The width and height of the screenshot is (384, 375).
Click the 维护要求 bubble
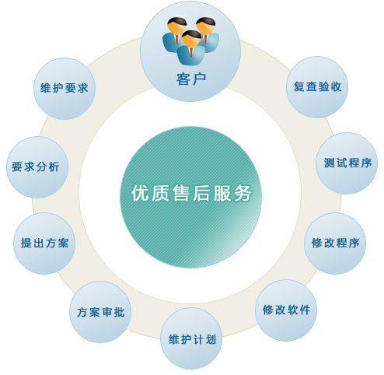click(65, 89)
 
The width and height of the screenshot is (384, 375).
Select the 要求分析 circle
click(37, 167)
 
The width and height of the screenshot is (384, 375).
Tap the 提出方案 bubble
click(44, 244)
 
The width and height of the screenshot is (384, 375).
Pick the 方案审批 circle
click(100, 312)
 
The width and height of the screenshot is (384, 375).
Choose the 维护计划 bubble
click(191, 338)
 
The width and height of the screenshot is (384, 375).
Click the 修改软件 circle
click(286, 310)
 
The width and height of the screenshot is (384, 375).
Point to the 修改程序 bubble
click(335, 244)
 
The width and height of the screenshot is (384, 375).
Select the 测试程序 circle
click(347, 163)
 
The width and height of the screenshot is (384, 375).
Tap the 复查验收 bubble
click(317, 87)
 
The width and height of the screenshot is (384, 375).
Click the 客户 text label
click(191, 79)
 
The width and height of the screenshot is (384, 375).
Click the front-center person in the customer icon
click(191, 48)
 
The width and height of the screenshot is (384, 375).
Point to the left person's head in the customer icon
click(177, 26)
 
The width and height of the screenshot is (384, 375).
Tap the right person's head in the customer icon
click(206, 26)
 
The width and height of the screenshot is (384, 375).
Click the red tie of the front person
click(191, 52)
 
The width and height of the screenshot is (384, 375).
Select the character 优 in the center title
click(140, 193)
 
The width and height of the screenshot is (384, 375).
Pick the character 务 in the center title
click(243, 193)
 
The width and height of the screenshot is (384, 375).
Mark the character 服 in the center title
click(222, 193)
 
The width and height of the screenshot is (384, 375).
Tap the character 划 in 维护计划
click(211, 339)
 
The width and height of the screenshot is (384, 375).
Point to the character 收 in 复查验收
click(336, 87)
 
